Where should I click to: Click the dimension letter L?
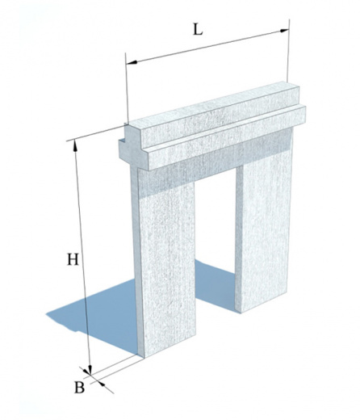[x=198, y=31]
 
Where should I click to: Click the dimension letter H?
[x=73, y=259]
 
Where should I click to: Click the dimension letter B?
[x=79, y=388]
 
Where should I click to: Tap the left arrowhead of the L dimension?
[x=132, y=62]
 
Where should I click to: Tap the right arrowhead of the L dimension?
[x=283, y=31]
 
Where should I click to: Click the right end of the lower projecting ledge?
[x=303, y=115]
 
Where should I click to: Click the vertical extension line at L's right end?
[x=288, y=51]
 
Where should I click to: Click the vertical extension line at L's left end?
[x=127, y=88]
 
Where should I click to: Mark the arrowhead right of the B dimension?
[x=102, y=384]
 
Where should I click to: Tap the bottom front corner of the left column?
[x=144, y=359]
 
